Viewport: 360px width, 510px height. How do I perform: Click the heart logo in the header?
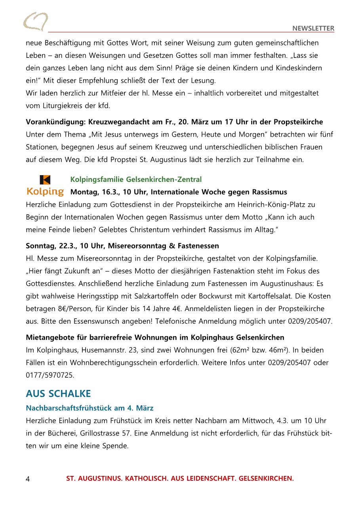coord(36,21)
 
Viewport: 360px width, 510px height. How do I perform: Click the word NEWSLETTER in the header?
coord(313,28)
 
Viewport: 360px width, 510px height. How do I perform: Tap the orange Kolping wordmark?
coord(45,192)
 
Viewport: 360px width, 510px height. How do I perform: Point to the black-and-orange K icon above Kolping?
coord(45,180)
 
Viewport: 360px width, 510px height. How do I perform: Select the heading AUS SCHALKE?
coord(58,393)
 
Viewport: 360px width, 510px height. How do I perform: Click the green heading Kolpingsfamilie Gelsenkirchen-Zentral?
coord(136,180)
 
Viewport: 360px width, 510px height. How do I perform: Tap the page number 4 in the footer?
coord(28,479)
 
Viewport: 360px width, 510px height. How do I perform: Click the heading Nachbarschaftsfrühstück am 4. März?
coord(90,408)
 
